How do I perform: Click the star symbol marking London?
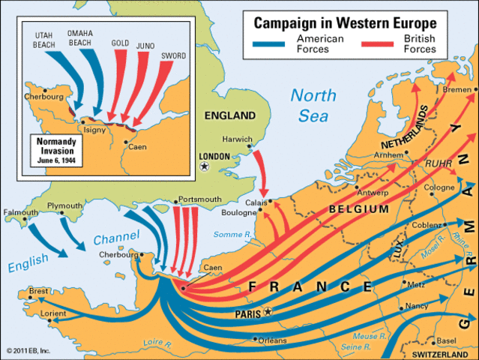point(205,166)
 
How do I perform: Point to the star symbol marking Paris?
point(268,311)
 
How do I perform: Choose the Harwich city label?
point(238,139)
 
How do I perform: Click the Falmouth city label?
point(19,213)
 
